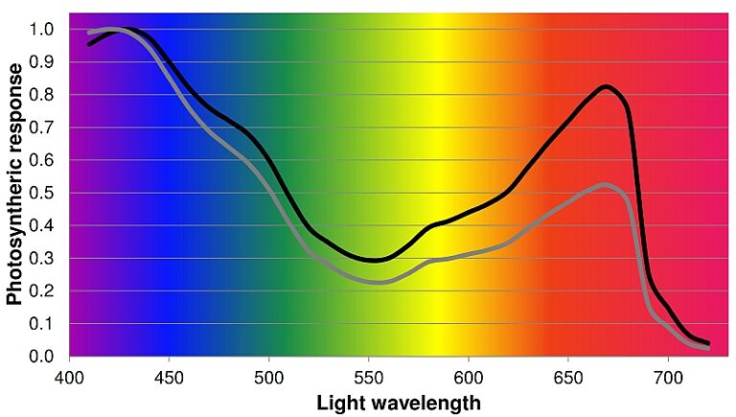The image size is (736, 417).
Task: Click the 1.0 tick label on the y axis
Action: [42, 29]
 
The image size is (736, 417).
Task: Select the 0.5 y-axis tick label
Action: [42, 193]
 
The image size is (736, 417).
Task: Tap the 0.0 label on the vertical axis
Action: [42, 357]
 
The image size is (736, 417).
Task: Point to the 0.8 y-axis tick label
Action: [42, 95]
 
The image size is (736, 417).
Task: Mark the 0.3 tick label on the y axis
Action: [42, 259]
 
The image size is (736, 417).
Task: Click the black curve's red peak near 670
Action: [606, 86]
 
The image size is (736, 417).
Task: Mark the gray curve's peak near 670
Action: [604, 184]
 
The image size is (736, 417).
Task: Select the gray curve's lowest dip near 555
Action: [379, 282]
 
